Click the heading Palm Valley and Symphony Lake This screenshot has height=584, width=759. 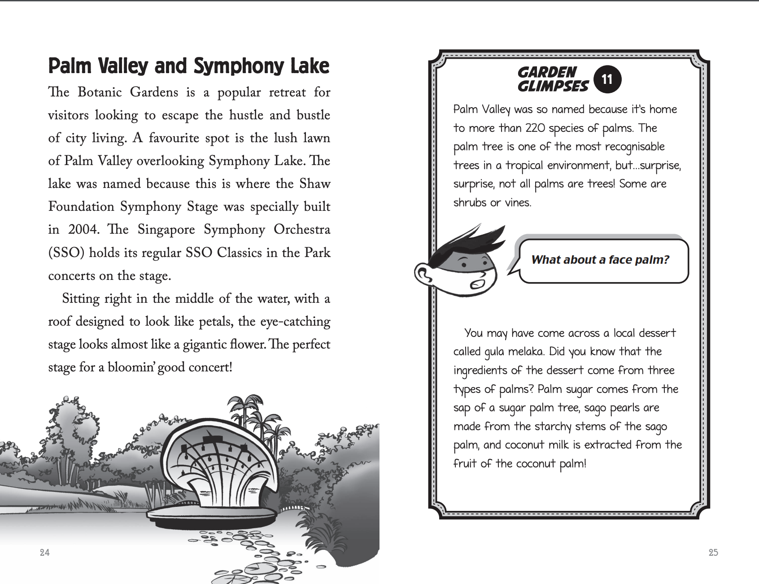point(188,66)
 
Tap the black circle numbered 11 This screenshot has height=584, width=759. point(607,80)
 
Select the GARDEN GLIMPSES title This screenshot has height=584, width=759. point(553,79)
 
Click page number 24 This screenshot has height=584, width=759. point(44,553)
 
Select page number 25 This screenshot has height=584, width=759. point(713,553)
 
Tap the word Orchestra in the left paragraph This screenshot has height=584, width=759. point(302,230)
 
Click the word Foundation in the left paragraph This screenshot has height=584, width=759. point(81,207)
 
